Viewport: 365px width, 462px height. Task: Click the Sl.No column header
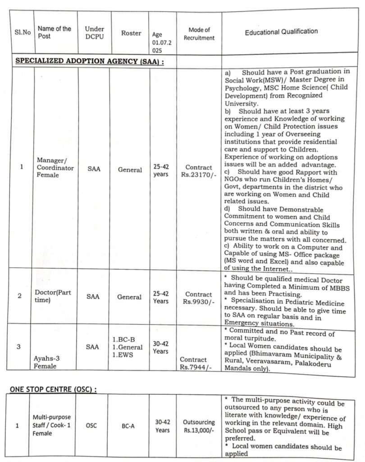point(22,32)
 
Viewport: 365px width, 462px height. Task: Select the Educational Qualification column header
point(281,32)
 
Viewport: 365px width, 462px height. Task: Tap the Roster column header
point(131,33)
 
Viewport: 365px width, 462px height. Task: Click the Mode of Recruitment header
point(199,34)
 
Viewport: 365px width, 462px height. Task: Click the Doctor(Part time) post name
point(53,296)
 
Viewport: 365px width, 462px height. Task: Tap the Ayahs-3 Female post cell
point(46,362)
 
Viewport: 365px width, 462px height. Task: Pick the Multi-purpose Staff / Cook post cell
point(51,425)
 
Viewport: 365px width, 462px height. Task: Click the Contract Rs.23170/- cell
point(199,171)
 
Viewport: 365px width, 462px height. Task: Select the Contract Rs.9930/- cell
point(199,298)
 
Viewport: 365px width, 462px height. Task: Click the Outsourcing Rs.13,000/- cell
point(199,426)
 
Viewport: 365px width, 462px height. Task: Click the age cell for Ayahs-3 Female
point(160,347)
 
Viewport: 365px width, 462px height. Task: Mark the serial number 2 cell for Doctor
point(19,296)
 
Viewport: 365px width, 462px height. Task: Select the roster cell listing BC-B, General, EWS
point(127,347)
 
